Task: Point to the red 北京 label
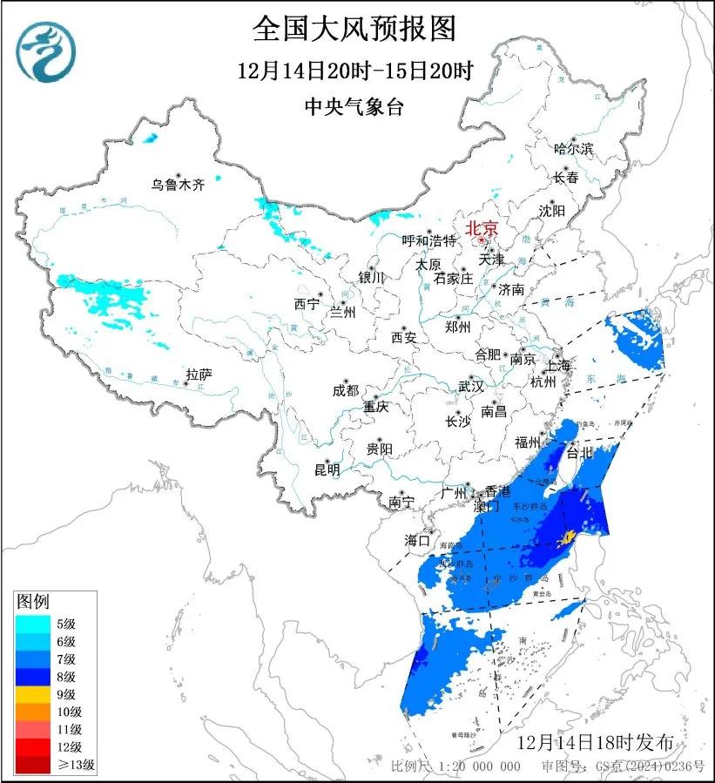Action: point(482,229)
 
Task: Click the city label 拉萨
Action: point(199,375)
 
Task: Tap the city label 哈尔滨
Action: point(573,149)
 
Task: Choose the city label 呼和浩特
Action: point(428,240)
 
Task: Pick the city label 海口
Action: point(418,541)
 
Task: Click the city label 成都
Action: point(346,391)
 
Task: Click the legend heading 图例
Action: point(33,601)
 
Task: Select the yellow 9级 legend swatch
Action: point(32,694)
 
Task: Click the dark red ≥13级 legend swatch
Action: point(32,765)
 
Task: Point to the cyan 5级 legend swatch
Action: point(32,623)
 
